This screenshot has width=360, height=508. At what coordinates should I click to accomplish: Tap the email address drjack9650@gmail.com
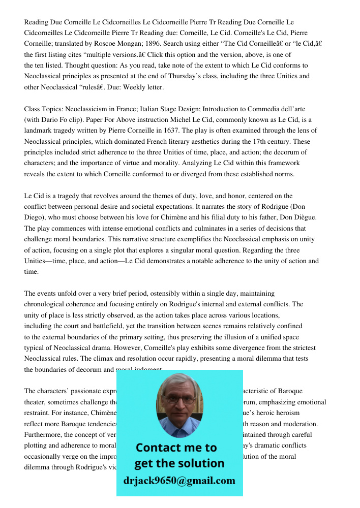(x=179, y=481)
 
